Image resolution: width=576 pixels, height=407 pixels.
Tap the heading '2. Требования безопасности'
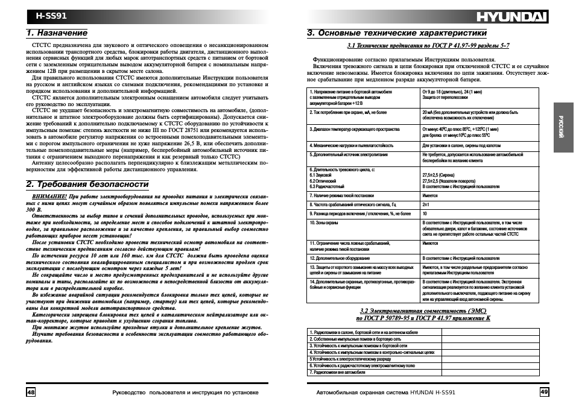coord(87,184)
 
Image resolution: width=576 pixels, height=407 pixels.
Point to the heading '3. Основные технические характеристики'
coord(396,33)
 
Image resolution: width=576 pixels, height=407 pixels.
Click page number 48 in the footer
coord(31,392)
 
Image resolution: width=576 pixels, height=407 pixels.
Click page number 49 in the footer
coord(544,392)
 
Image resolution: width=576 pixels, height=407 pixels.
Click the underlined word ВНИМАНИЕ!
coord(49,197)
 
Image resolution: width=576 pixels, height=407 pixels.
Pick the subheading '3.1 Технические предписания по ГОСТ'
coord(428,46)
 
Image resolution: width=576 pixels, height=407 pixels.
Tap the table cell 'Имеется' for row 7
coord(430,196)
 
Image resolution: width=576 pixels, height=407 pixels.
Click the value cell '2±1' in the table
coord(426,205)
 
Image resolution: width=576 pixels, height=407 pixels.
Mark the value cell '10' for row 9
coord(425,213)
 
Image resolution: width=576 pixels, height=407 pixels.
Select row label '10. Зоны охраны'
coord(324,222)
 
